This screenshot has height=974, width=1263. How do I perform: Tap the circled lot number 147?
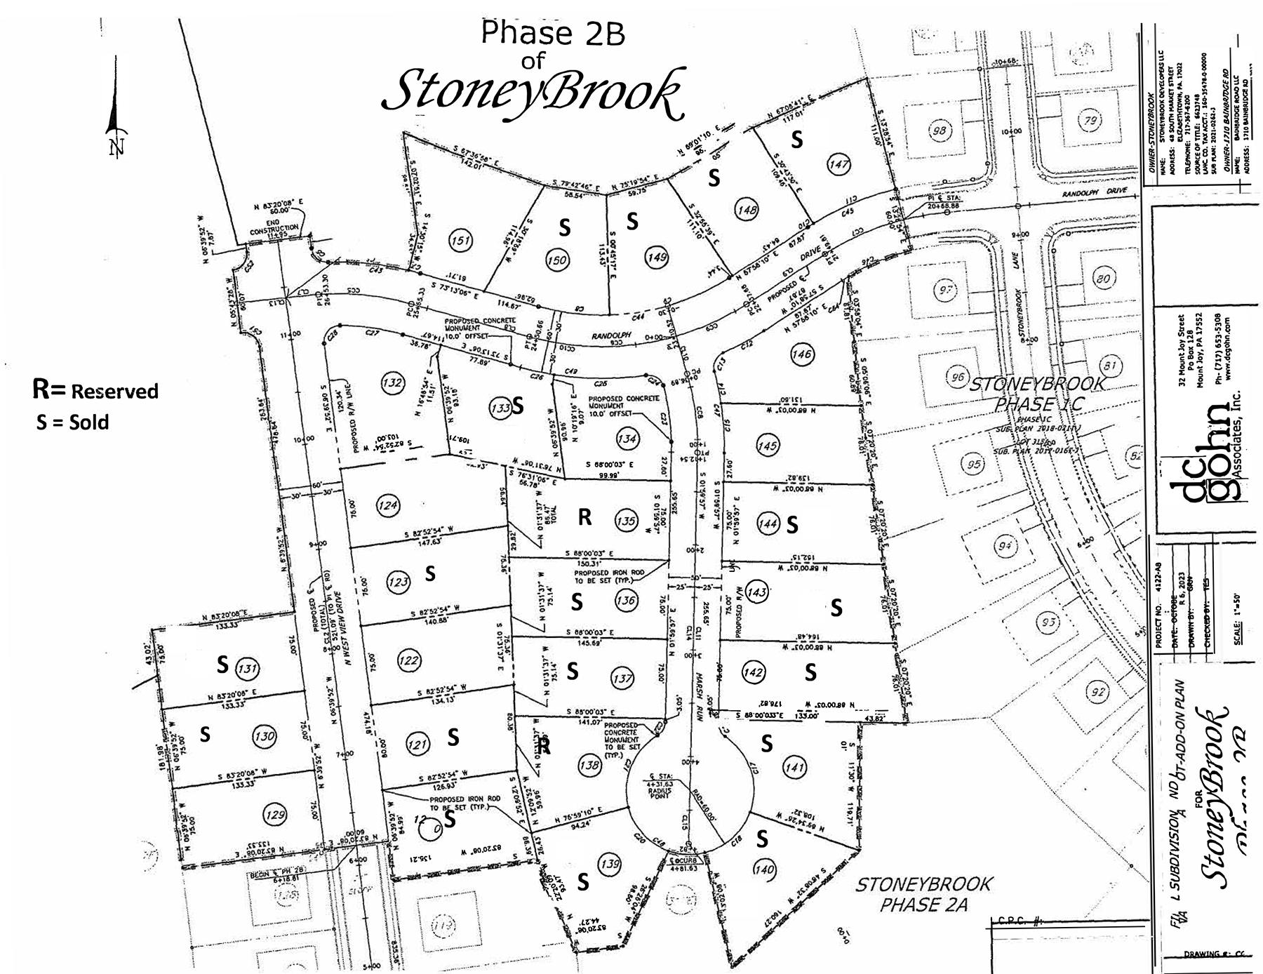click(x=838, y=164)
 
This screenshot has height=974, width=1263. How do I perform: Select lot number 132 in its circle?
click(x=392, y=382)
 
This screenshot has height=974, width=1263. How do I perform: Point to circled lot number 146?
click(x=802, y=354)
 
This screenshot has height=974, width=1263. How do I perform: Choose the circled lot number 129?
click(x=274, y=815)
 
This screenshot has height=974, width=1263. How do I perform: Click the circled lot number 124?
click(x=388, y=505)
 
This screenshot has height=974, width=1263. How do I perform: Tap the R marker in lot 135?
click(x=584, y=517)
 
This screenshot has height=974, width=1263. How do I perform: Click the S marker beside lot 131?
click(x=222, y=665)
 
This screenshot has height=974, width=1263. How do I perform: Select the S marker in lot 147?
click(x=797, y=140)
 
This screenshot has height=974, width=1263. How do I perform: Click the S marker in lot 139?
click(x=582, y=882)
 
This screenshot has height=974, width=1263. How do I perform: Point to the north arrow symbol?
click(x=115, y=126)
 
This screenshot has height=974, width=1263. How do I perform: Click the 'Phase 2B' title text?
click(x=553, y=33)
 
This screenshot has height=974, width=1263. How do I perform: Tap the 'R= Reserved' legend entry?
click(x=95, y=390)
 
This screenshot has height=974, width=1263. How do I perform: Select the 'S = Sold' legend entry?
click(x=72, y=422)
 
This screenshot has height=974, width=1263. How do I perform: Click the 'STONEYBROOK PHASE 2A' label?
click(x=923, y=893)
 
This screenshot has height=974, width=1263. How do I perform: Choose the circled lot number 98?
click(x=940, y=131)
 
